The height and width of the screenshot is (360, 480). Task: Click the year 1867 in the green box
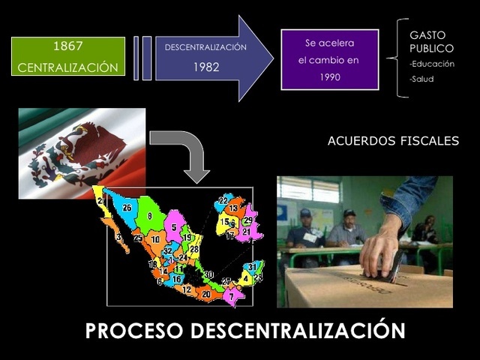67,46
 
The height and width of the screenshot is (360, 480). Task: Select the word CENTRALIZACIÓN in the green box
67,67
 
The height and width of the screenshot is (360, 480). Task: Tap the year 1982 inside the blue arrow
205,65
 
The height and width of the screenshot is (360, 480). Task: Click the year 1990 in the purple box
330,76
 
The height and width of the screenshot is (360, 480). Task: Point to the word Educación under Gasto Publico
433,64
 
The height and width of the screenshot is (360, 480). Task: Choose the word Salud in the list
422,79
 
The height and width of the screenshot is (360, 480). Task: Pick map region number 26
127,208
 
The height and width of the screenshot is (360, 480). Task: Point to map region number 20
206,294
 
